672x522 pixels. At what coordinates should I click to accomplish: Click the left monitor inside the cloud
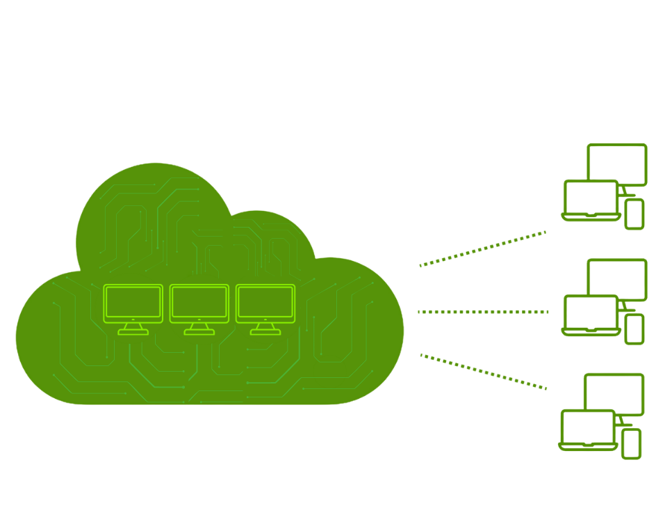(133, 303)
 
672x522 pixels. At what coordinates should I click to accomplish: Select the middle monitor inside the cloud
(199, 303)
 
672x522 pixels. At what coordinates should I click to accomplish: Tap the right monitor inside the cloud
(265, 303)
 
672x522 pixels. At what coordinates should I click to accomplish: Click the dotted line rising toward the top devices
(482, 249)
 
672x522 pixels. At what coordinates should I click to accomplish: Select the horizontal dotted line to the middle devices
(482, 312)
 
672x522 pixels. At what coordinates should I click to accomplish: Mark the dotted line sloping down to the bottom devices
(482, 371)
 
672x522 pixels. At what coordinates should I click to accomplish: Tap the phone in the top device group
(634, 214)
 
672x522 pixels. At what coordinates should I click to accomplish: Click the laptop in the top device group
(591, 200)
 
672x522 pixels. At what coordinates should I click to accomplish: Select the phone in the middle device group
(634, 329)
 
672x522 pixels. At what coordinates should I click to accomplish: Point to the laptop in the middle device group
(591, 315)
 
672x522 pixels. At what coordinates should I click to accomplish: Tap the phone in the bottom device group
(631, 443)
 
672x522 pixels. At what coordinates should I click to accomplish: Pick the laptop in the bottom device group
(588, 429)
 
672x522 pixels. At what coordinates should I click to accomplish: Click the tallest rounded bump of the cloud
(154, 209)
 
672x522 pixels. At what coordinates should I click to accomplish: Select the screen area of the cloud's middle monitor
(199, 302)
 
